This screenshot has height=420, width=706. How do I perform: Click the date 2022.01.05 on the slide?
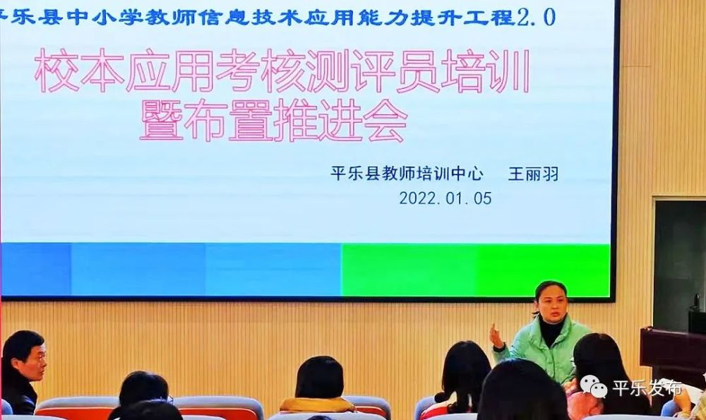(x=445, y=198)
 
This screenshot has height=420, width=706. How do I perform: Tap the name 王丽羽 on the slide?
(x=533, y=174)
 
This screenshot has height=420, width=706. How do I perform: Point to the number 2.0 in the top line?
(x=536, y=16)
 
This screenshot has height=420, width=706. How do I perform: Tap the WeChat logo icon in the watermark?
(x=594, y=387)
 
